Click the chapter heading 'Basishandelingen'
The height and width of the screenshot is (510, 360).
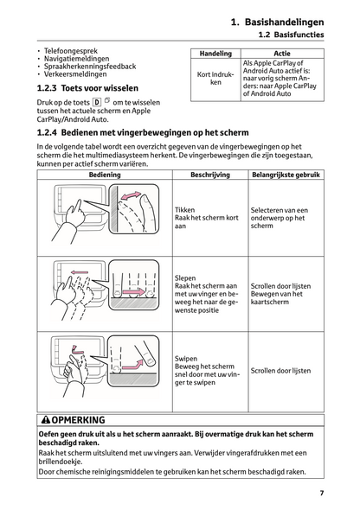click(x=284, y=22)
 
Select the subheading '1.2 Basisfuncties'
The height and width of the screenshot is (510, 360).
click(x=291, y=35)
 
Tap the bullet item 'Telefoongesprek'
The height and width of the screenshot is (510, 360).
click(x=71, y=51)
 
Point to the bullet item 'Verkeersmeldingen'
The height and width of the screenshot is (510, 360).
click(x=75, y=74)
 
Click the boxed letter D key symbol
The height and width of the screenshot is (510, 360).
click(x=97, y=103)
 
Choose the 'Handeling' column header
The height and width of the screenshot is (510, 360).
click(x=215, y=54)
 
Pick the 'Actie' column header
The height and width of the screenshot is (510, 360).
click(x=282, y=54)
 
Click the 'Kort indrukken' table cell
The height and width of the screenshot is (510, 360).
click(x=215, y=79)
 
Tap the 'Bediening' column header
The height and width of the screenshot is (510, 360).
click(x=105, y=175)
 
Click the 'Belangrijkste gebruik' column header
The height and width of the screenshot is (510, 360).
click(x=286, y=175)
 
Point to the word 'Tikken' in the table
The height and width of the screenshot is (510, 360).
click(x=184, y=210)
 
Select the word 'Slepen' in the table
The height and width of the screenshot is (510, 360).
click(x=185, y=278)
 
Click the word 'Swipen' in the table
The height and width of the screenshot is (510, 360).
click(x=186, y=359)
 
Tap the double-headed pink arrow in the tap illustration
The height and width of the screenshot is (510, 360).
click(x=131, y=196)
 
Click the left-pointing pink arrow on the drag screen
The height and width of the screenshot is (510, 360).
click(x=80, y=272)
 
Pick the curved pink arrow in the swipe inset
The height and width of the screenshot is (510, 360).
click(x=132, y=365)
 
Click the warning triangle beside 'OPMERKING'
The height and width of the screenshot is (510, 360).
click(x=46, y=420)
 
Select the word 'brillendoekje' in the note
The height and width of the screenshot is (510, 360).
click(x=60, y=462)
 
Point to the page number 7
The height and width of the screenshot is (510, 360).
click(x=322, y=493)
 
